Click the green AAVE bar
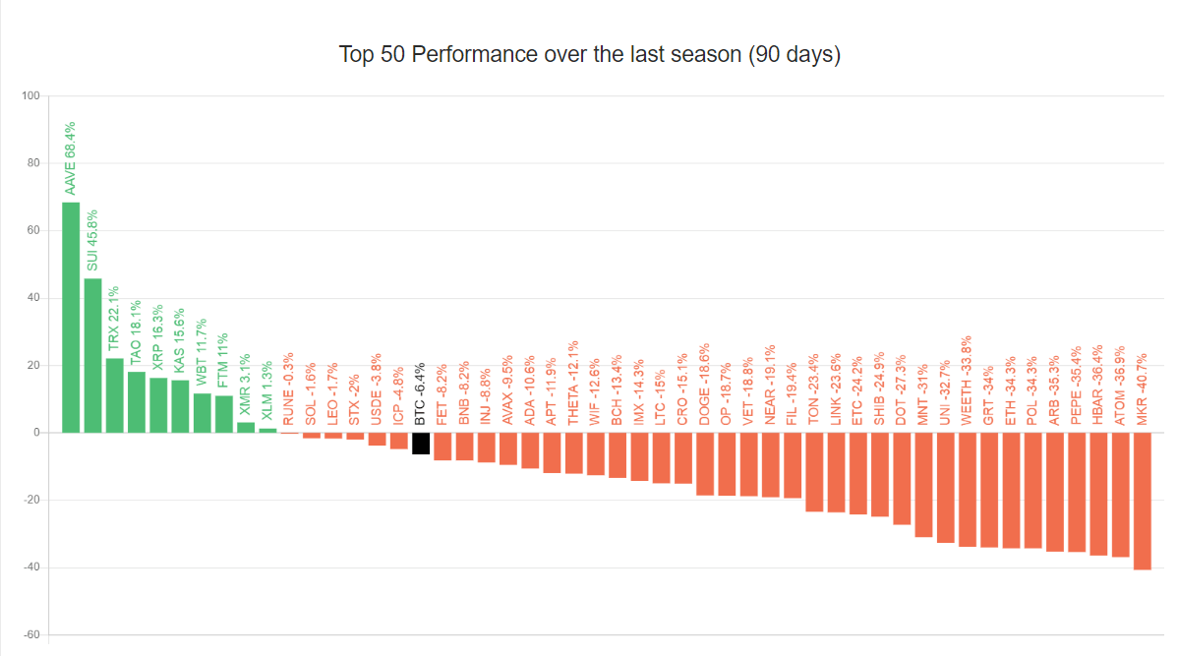tap(71, 317)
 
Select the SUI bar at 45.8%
tap(92, 355)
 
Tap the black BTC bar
tap(421, 443)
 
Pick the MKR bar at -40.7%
tap(1142, 501)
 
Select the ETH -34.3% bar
tap(1011, 490)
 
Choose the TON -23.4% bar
tap(814, 472)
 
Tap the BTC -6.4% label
tap(421, 392)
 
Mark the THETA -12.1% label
tap(573, 384)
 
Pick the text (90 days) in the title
tap(795, 54)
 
